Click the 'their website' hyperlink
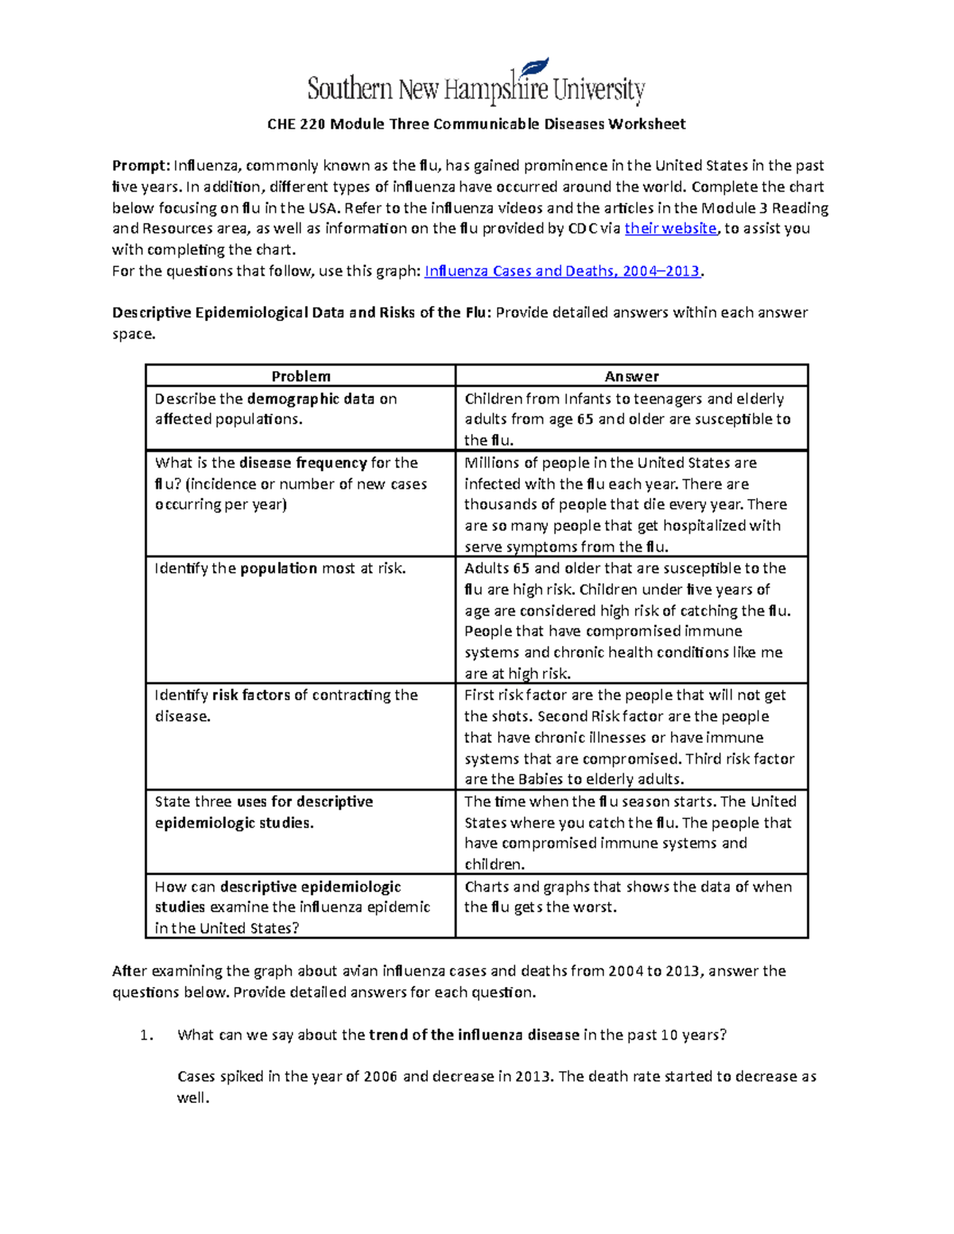671,229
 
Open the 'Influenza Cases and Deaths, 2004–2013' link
562,271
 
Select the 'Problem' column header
301,376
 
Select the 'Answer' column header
631,376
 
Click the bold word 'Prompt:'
141,165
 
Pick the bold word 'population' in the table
279,568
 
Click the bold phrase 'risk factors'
251,695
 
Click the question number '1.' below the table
145,1035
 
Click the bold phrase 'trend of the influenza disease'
474,1035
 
